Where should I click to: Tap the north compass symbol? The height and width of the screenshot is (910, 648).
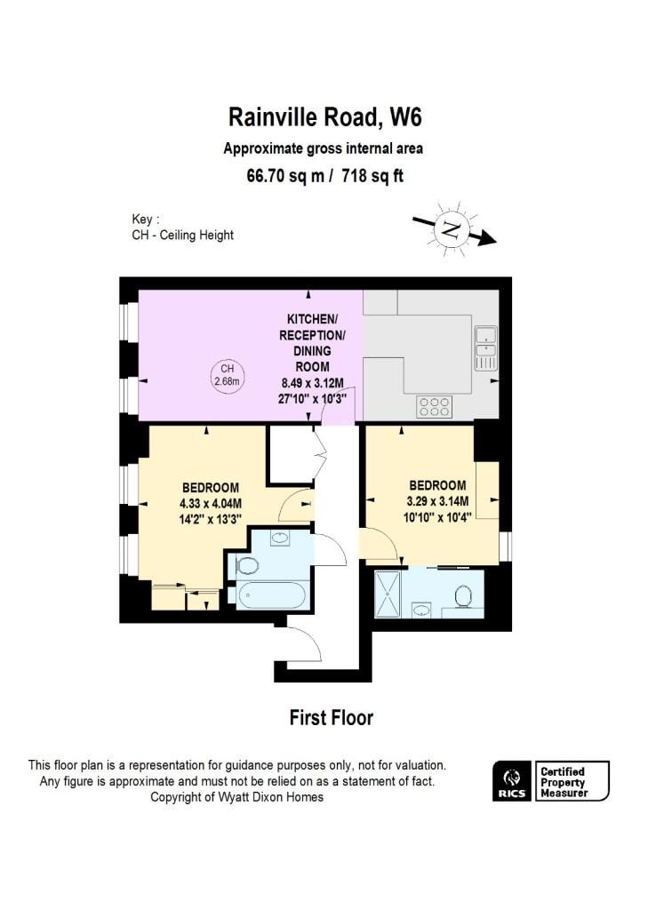click(453, 231)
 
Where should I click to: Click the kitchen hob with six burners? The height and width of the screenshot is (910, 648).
click(433, 406)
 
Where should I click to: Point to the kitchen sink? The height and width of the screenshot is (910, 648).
click(485, 347)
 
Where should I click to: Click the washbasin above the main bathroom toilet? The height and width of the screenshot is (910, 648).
click(279, 539)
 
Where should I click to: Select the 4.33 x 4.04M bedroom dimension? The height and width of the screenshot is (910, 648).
click(211, 502)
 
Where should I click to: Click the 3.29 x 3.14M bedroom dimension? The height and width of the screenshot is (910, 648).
click(436, 500)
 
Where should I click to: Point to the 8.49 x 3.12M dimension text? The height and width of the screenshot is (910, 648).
click(308, 384)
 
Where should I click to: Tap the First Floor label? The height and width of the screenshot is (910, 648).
click(331, 718)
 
